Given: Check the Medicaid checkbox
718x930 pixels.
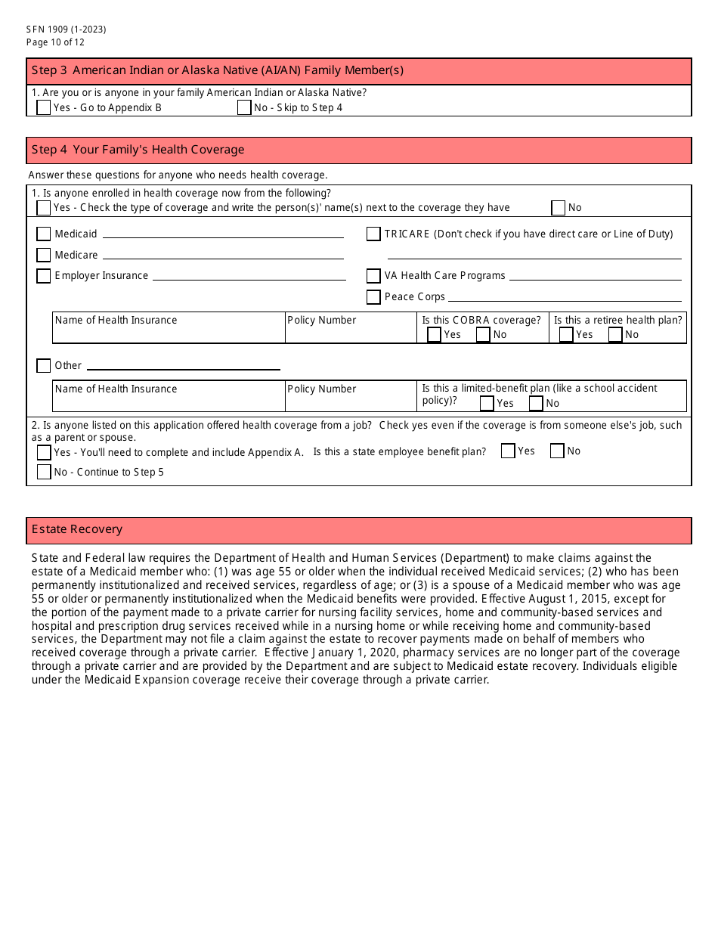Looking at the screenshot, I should (x=44, y=234).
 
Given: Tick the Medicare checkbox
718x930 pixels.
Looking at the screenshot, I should (x=44, y=256).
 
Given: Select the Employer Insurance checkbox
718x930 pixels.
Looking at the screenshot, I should (x=44, y=276).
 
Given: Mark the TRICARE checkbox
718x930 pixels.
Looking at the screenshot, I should (x=373, y=234).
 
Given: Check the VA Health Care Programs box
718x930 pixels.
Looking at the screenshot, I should (x=373, y=276).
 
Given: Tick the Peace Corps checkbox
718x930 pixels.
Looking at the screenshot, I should (x=373, y=297).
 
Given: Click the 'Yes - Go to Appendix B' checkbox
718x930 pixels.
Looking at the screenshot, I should (x=44, y=107).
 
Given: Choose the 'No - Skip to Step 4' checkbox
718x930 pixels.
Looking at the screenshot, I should (x=244, y=107).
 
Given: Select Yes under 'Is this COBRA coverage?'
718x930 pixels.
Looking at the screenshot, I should (x=434, y=334).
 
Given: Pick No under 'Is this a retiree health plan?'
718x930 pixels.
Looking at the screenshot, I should (x=615, y=334).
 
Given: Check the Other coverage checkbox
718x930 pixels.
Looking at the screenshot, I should (x=44, y=366).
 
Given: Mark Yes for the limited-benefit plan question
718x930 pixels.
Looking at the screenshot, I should (x=487, y=403).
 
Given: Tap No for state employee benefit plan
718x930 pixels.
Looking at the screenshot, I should (x=557, y=451).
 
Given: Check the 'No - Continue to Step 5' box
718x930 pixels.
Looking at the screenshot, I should (x=44, y=472).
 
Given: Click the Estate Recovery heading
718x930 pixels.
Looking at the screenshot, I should (x=77, y=529).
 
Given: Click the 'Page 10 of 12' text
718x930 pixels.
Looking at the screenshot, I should (x=55, y=42).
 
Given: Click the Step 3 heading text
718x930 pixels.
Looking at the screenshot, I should (x=218, y=70).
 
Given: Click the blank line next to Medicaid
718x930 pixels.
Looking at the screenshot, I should (x=223, y=235).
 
